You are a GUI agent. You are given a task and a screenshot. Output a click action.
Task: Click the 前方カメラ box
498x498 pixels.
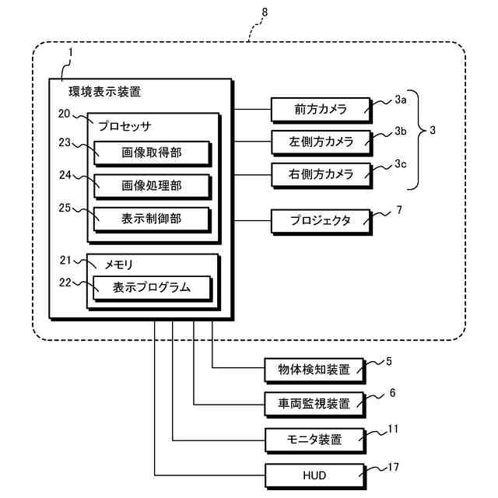[x=320, y=110]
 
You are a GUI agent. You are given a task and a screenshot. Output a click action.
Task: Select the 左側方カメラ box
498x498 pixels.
[x=320, y=142]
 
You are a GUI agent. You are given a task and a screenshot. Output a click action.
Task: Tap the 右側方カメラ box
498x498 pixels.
[x=320, y=174]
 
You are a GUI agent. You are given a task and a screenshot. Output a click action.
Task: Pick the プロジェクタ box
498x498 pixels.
[x=320, y=220]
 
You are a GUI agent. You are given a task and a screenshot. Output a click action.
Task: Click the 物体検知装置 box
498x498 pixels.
[x=314, y=370]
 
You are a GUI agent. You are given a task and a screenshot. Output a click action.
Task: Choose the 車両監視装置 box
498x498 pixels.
[x=314, y=404]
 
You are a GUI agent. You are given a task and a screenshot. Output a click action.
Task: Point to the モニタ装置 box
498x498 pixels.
[x=314, y=439]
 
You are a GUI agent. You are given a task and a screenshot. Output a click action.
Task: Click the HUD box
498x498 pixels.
[x=314, y=473]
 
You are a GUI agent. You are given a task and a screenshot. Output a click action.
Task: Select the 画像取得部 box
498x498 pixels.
[x=152, y=153]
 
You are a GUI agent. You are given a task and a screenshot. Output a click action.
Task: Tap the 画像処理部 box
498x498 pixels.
[x=152, y=186]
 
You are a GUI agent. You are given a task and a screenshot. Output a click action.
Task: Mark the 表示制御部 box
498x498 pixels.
[x=152, y=219]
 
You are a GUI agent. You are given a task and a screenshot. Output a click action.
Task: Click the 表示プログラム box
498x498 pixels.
[x=152, y=287]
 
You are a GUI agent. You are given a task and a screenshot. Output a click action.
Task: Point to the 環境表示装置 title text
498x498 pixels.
[x=105, y=93]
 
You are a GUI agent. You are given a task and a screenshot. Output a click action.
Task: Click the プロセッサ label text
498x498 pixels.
[x=124, y=125]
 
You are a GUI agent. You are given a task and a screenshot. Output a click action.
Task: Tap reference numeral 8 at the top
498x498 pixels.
[x=265, y=13]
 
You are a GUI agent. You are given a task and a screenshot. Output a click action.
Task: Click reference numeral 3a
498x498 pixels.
[x=400, y=100]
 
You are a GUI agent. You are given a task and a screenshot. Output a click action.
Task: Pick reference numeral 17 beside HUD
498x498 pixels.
[x=394, y=468]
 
